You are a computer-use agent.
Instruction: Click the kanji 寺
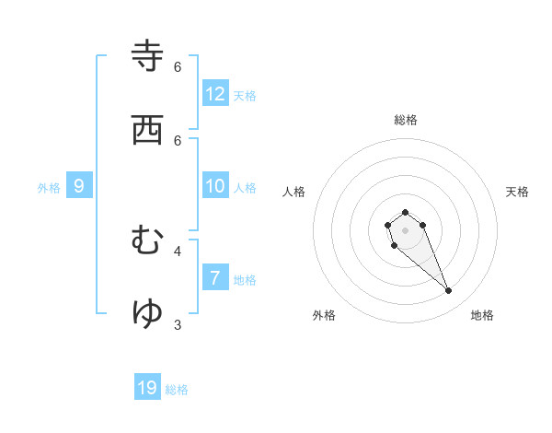(x=148, y=56)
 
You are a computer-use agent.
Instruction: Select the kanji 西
(x=148, y=130)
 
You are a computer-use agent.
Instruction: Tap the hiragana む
(x=148, y=240)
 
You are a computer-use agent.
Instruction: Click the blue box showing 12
(x=215, y=94)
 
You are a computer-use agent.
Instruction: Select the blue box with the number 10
(x=215, y=186)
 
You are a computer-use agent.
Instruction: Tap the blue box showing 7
(x=215, y=278)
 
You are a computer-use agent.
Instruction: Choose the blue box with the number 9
(x=79, y=186)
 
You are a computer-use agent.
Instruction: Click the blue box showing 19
(x=147, y=388)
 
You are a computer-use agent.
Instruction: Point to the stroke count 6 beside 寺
(x=178, y=67)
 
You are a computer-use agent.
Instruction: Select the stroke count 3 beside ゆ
(x=178, y=324)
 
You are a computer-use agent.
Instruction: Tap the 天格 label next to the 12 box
(x=245, y=96)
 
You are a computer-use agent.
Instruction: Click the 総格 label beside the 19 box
(x=177, y=390)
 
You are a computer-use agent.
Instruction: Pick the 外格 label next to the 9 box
(x=49, y=188)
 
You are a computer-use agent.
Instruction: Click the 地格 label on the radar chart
(x=482, y=315)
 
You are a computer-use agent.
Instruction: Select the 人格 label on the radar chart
(x=293, y=192)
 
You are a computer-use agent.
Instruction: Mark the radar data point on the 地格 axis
(x=449, y=291)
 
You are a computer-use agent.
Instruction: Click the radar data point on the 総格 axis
(x=405, y=212)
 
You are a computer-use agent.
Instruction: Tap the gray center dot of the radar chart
(x=405, y=230)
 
